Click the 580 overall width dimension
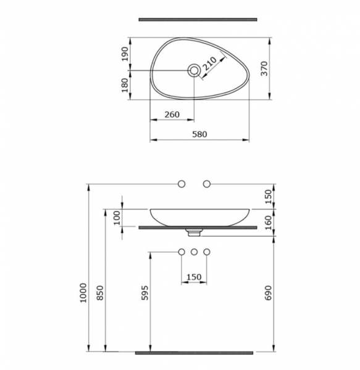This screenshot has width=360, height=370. (x=199, y=134)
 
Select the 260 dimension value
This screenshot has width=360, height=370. (x=172, y=115)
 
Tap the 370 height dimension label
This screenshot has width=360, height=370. (x=265, y=68)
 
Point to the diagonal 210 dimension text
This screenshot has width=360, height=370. (x=209, y=64)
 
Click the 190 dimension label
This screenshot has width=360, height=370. (x=125, y=54)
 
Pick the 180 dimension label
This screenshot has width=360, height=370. (x=125, y=85)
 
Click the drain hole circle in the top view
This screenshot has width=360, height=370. (x=194, y=70)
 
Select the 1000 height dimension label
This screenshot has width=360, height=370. (x=83, y=293)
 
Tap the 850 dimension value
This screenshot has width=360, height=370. (x=101, y=293)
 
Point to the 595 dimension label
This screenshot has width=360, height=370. (x=145, y=293)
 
